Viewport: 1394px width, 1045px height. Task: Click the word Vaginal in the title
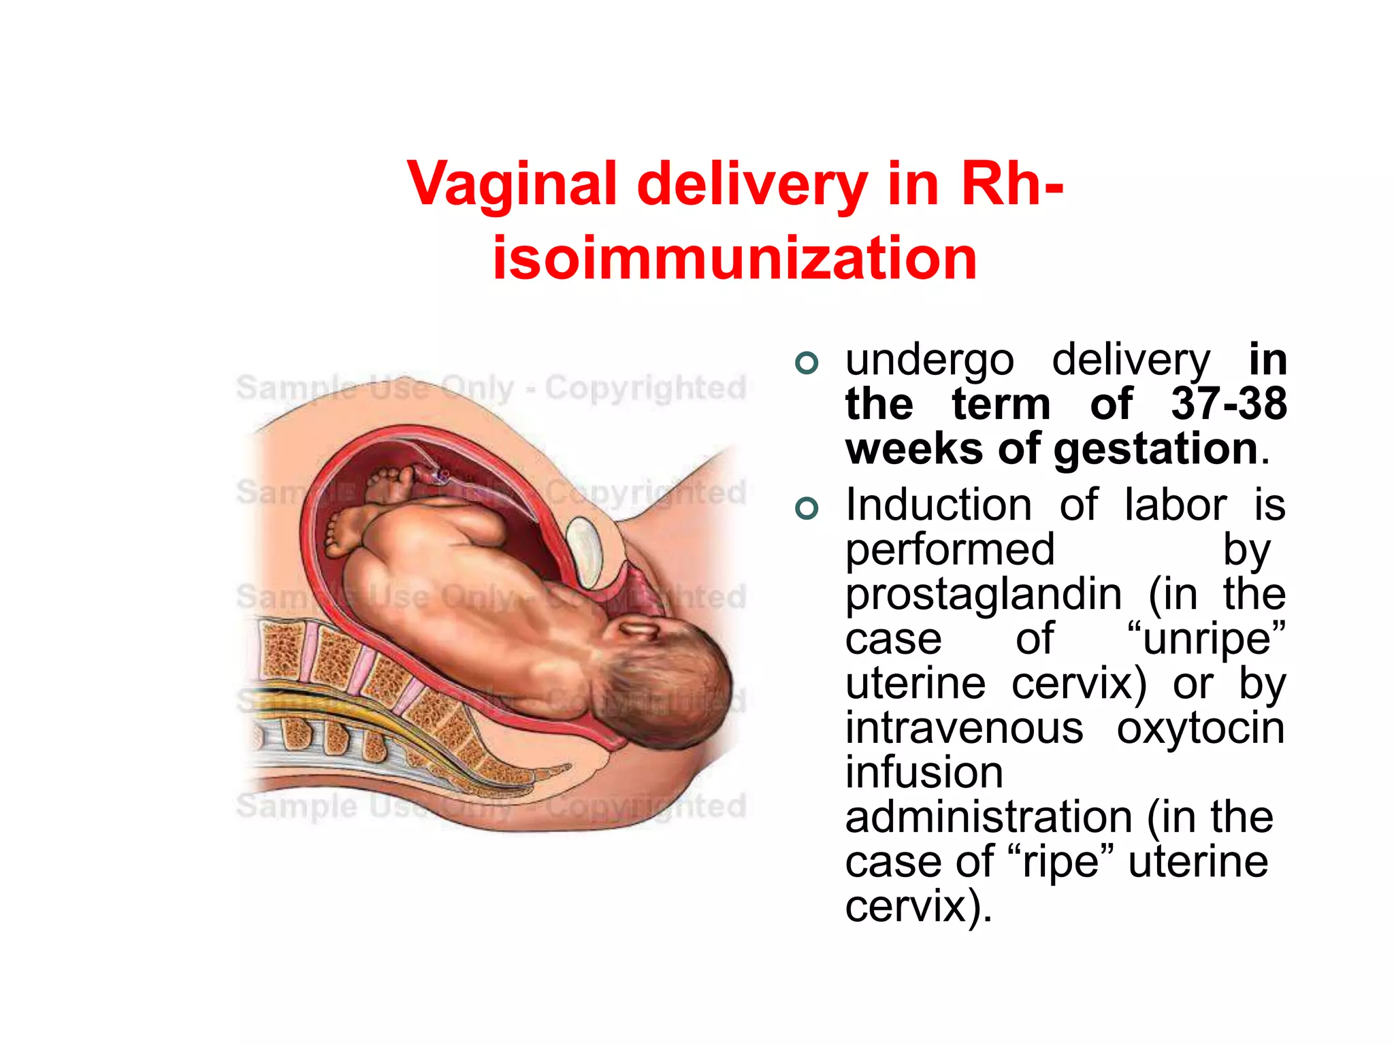pos(511,184)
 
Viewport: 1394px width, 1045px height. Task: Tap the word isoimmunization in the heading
pos(734,258)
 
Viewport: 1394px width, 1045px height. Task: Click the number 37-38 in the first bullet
pos(1229,403)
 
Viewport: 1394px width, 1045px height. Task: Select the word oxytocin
pos(1201,728)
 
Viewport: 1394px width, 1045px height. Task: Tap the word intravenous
pos(964,728)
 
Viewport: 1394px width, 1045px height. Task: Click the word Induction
pos(939,505)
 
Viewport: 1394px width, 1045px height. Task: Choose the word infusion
pos(924,773)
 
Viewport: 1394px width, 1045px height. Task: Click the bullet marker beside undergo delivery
pos(807,363)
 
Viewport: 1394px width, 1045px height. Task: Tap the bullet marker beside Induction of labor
pos(807,508)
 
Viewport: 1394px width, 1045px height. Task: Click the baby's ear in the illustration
pos(639,629)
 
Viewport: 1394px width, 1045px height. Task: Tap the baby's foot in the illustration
pos(344,531)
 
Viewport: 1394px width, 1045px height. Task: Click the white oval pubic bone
pos(584,552)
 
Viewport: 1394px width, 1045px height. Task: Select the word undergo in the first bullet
pos(929,361)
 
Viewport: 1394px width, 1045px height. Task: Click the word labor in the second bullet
pos(1176,505)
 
